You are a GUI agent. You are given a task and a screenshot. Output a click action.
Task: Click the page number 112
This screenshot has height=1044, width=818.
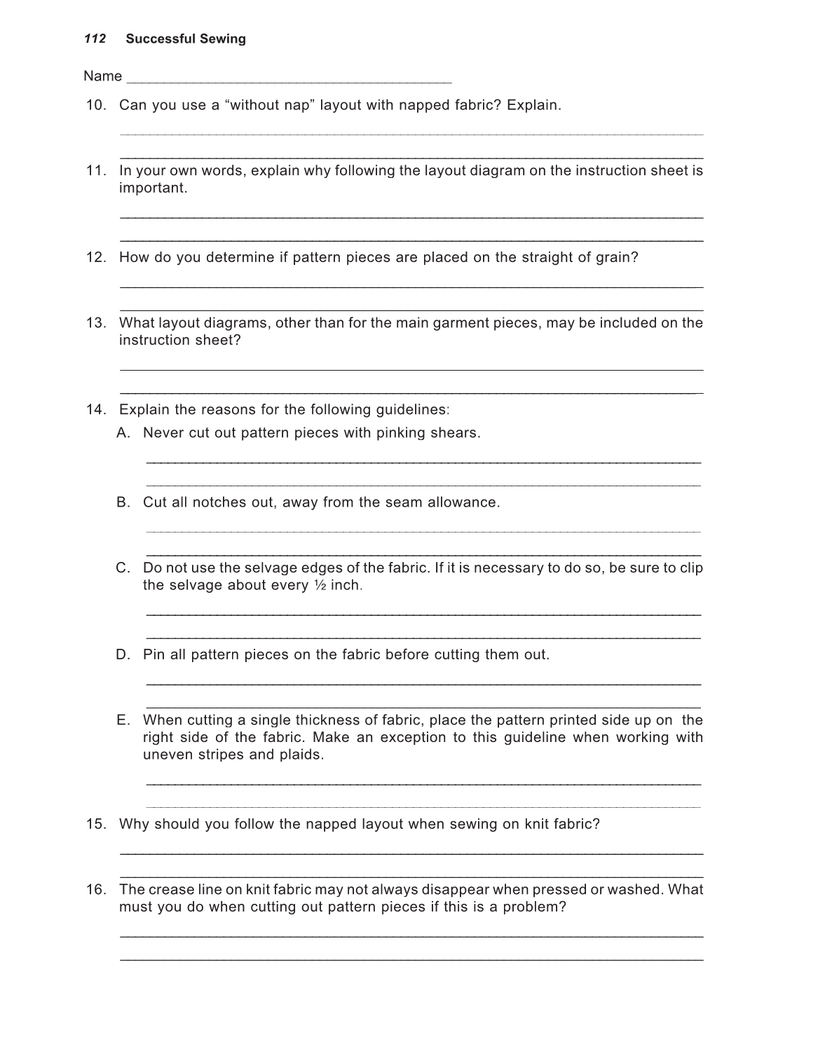(95, 39)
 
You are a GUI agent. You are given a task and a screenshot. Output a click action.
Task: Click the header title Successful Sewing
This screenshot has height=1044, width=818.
(186, 39)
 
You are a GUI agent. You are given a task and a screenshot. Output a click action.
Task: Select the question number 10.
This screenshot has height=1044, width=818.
(96, 106)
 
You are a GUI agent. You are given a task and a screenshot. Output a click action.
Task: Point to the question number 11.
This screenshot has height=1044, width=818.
(96, 171)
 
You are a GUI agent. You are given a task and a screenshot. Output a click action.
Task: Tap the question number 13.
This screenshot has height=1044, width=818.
(96, 323)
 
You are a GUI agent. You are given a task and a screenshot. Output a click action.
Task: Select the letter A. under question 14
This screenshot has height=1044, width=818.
(123, 433)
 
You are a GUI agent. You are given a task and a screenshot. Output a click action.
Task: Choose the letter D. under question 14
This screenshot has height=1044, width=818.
(124, 655)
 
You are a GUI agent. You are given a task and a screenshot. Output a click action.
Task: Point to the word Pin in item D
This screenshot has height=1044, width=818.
(154, 655)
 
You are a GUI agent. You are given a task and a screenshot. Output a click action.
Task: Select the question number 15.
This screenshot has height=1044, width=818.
(96, 825)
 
